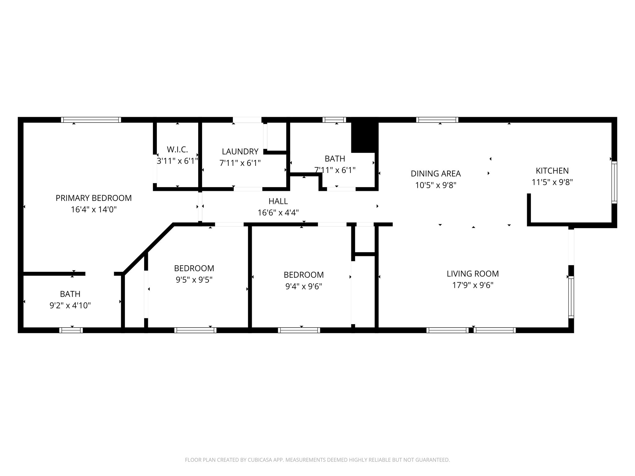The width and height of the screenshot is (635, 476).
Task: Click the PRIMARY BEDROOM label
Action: tap(94, 198)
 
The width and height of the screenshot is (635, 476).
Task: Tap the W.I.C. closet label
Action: tap(177, 150)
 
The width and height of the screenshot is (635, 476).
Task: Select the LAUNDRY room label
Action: tap(240, 152)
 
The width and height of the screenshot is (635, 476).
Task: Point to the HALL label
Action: tap(278, 201)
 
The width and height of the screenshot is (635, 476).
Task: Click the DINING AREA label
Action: tap(436, 174)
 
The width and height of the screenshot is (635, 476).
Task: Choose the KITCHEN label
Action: tap(552, 171)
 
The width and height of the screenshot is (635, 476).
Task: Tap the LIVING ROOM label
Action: tap(473, 274)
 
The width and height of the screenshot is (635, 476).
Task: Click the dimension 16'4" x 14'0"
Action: tap(94, 210)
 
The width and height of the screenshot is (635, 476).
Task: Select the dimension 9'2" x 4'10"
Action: tap(70, 306)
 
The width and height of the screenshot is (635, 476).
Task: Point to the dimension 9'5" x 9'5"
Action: tap(194, 280)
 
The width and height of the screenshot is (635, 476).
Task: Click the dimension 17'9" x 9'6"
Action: tap(473, 285)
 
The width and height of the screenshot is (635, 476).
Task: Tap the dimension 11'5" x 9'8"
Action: tap(552, 183)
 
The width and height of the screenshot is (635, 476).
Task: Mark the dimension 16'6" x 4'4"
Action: tap(278, 213)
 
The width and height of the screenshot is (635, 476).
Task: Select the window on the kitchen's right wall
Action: tap(614, 183)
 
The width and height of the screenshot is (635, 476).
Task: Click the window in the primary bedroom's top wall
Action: tap(91, 120)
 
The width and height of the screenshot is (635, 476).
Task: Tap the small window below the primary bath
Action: tap(71, 330)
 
